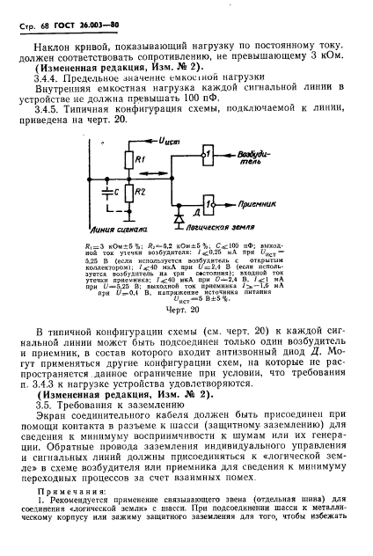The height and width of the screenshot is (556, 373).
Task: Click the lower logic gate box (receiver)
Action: pyautogui.click(x=208, y=202)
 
